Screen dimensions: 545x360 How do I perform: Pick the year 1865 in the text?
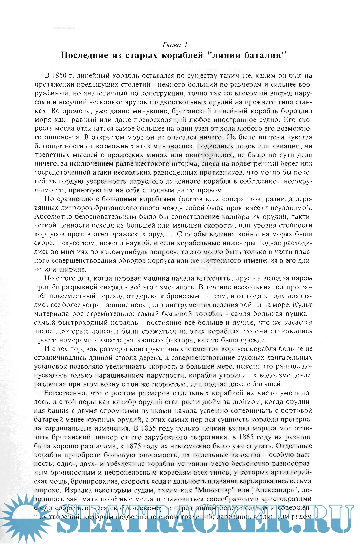coord(262,437)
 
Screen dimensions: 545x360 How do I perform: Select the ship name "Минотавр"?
coord(210,490)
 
